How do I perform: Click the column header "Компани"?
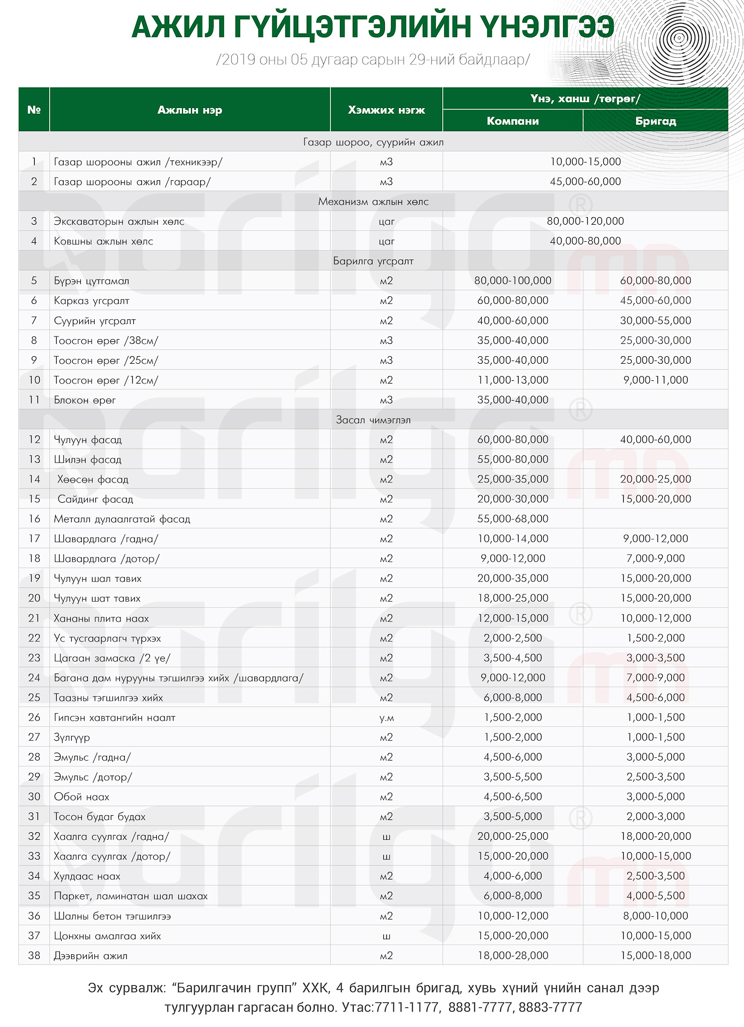(512, 121)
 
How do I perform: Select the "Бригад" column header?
(655, 121)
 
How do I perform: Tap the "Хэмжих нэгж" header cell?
(386, 110)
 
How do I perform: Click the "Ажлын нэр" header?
(189, 110)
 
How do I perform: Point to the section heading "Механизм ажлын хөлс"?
(373, 202)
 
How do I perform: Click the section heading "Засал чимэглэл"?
(373, 420)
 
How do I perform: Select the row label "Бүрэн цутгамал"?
(92, 281)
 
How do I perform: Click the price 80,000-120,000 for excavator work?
(585, 221)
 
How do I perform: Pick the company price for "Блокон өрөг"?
(512, 400)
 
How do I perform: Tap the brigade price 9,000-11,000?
(655, 380)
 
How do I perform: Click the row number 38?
(34, 955)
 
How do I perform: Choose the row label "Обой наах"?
(81, 796)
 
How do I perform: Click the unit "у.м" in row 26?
(386, 717)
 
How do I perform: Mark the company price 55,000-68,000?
(512, 519)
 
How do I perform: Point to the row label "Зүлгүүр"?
(72, 737)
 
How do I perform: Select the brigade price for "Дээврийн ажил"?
(655, 955)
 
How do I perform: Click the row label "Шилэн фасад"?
(88, 459)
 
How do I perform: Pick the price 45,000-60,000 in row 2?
(585, 181)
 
